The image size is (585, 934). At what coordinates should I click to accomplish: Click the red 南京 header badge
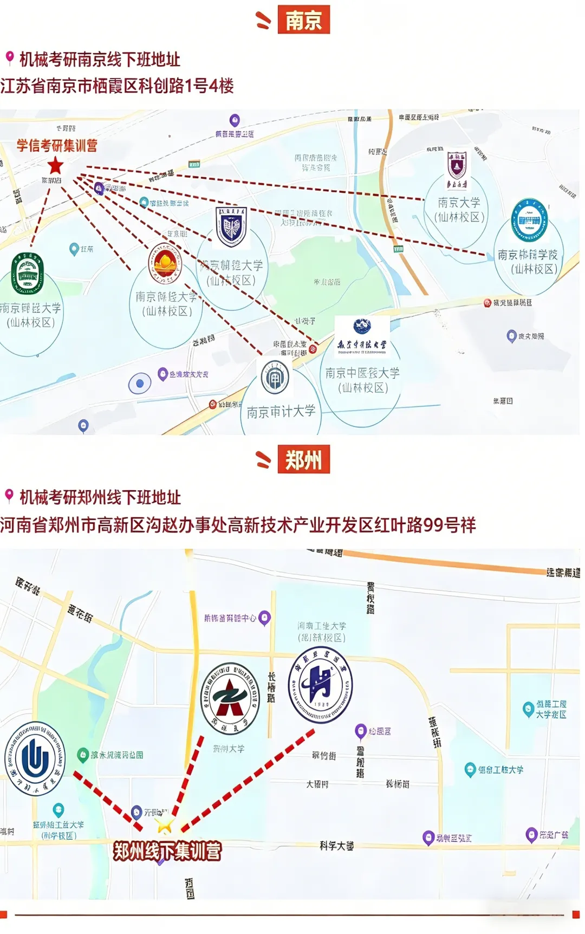click(303, 20)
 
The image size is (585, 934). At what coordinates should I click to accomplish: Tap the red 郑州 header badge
click(303, 460)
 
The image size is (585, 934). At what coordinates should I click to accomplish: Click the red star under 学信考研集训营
click(55, 166)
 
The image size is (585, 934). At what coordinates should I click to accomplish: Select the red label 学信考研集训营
click(57, 145)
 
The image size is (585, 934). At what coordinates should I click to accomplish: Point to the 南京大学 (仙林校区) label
click(459, 210)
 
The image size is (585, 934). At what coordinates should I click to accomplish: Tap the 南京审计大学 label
click(281, 412)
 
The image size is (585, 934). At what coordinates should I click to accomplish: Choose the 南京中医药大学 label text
click(362, 373)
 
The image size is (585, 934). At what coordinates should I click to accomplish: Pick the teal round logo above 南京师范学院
click(529, 220)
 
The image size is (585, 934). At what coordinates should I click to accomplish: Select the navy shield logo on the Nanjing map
click(231, 226)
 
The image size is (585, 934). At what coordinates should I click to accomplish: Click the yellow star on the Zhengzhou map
click(164, 825)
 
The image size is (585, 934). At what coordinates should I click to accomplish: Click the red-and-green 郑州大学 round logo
click(230, 699)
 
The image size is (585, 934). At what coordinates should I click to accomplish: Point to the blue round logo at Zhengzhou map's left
click(35, 758)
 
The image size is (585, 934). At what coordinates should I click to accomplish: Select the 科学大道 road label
click(336, 846)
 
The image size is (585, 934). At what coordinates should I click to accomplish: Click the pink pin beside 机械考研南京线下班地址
click(9, 57)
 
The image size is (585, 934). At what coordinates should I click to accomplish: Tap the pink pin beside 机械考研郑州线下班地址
click(9, 495)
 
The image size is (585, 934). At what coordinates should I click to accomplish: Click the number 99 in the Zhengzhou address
click(433, 524)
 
